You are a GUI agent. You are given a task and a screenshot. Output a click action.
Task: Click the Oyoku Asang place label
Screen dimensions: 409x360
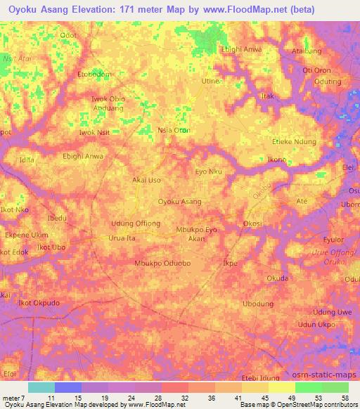click(x=180, y=202)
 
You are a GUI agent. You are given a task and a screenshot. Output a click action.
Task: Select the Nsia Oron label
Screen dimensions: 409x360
click(x=174, y=130)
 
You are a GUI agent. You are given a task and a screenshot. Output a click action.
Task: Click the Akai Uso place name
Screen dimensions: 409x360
click(x=147, y=180)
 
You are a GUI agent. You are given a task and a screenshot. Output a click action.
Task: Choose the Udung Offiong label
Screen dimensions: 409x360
click(x=136, y=223)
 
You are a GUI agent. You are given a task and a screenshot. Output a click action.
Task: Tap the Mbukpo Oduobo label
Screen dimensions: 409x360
click(x=162, y=263)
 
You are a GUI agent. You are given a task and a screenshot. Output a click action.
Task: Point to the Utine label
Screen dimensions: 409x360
click(x=211, y=82)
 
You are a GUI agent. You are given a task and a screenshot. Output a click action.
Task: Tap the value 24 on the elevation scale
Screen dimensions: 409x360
click(x=131, y=397)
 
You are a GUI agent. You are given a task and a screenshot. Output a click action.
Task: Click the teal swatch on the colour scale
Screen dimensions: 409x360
click(x=41, y=387)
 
